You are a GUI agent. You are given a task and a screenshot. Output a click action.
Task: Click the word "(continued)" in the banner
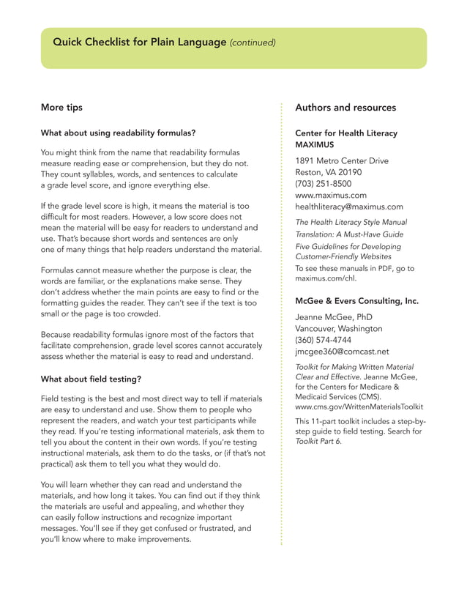253,42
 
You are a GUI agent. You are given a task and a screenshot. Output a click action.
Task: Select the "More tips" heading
61,108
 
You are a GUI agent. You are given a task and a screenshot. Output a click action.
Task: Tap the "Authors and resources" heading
345,108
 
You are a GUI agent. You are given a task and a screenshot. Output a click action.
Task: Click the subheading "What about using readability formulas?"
118,133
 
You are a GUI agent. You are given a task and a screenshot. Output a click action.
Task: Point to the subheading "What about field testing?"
91,379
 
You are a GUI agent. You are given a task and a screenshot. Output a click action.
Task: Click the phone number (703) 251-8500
323,184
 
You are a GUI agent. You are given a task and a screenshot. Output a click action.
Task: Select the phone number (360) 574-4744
324,340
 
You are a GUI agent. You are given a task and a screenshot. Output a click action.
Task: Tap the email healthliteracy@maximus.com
348,207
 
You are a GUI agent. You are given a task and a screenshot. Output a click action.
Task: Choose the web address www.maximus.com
331,196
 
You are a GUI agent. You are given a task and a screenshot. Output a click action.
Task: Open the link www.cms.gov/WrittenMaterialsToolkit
359,407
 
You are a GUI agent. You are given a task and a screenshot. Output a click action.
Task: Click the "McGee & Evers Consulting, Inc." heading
356,301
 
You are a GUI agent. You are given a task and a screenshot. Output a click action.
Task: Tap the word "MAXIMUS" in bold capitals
315,145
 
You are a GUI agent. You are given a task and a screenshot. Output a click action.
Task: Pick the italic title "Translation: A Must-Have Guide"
349,234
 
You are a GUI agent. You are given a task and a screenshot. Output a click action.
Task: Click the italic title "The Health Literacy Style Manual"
351,222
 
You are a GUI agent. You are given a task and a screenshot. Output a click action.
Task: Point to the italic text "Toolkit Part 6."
318,442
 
